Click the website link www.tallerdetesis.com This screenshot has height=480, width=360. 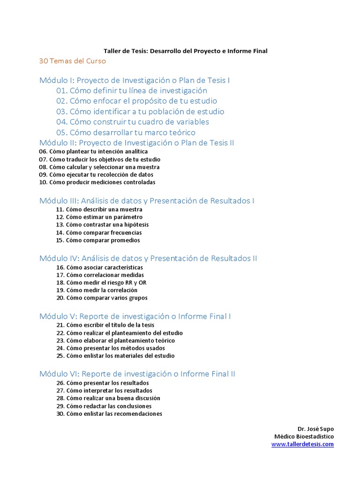(302, 444)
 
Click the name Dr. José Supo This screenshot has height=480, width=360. (315, 429)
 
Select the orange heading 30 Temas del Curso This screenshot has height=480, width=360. (73, 61)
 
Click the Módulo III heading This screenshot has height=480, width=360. (147, 201)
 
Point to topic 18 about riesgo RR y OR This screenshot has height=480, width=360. (101, 283)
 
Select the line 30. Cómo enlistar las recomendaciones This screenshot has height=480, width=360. (109, 413)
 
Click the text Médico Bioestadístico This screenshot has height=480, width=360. (304, 436)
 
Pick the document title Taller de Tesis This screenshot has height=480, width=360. (185, 51)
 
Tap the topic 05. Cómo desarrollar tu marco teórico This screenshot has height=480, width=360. (126, 132)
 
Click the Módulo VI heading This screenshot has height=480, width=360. (137, 374)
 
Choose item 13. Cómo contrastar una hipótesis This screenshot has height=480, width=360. (102, 225)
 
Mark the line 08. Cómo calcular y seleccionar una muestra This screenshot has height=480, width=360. (99, 167)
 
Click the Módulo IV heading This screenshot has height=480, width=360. (148, 258)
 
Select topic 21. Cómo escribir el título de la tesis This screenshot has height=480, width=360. (105, 325)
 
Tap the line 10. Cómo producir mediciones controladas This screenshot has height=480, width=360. (97, 182)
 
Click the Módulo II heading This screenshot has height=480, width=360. (137, 142)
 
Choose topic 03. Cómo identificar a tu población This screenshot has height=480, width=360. (140, 112)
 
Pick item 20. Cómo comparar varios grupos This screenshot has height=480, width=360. (101, 298)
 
